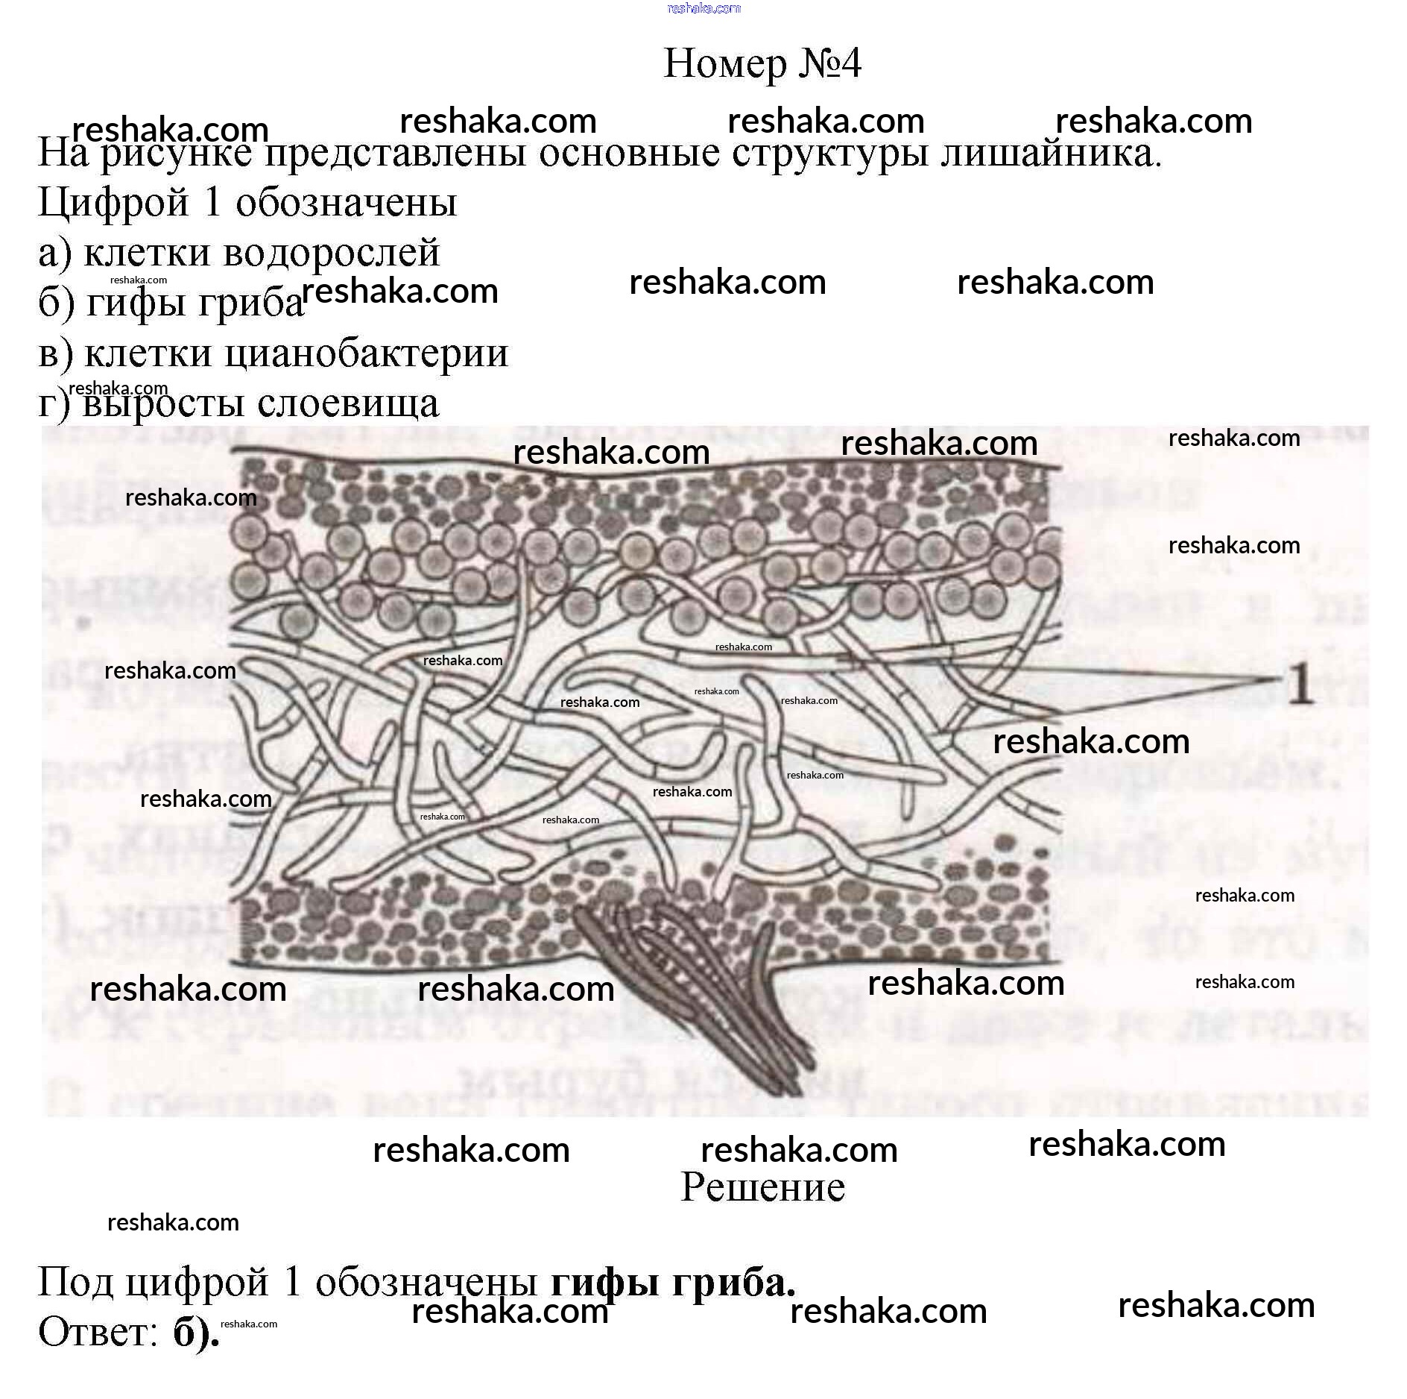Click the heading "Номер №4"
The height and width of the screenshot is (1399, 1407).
click(x=762, y=63)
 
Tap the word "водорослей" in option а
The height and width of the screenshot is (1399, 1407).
click(x=332, y=252)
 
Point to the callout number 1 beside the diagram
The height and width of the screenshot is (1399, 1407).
click(x=1299, y=684)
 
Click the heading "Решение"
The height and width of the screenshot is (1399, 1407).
click(x=762, y=1186)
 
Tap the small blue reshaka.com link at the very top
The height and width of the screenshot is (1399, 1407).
click(x=703, y=8)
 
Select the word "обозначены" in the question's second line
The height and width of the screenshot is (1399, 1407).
click(x=347, y=203)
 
